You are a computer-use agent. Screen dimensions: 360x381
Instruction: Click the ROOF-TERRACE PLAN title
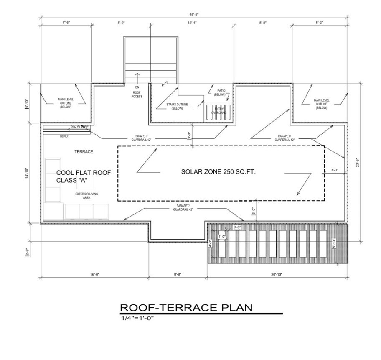186,308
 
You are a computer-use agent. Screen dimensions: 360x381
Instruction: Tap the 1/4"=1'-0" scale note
138,318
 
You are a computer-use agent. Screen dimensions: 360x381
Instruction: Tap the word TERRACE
84,152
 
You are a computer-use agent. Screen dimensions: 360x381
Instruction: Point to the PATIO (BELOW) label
221,92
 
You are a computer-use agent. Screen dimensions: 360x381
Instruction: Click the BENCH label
64,136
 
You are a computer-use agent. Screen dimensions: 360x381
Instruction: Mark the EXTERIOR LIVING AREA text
86,196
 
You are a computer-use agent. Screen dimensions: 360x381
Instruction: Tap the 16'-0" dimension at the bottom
94,274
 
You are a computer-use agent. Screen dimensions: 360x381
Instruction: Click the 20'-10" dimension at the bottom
277,274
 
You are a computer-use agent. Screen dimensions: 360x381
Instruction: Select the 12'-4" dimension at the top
193,23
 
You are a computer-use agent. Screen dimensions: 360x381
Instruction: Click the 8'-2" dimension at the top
320,23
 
